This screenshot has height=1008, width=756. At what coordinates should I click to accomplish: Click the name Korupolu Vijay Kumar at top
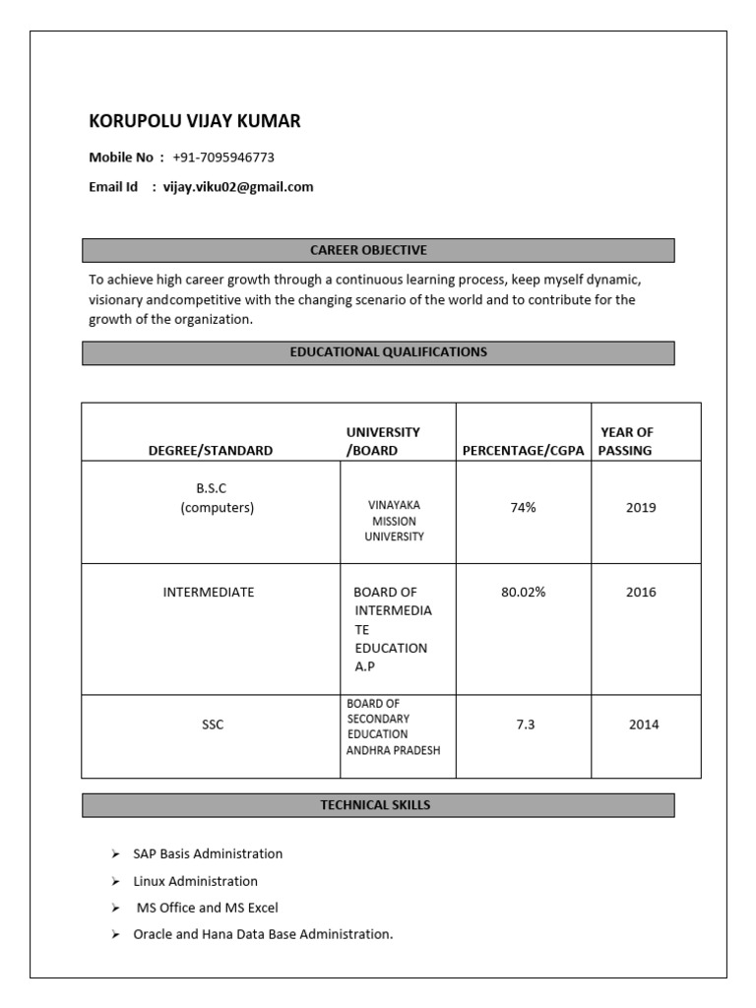tap(195, 122)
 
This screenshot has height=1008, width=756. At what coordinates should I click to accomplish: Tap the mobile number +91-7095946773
tap(223, 157)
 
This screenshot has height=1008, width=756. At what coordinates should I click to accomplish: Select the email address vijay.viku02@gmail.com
tap(238, 187)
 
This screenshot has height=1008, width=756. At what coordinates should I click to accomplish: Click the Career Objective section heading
tap(378, 250)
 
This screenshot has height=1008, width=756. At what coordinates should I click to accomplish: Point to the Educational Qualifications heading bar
tap(378, 352)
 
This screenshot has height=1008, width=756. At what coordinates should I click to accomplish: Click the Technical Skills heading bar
tap(378, 805)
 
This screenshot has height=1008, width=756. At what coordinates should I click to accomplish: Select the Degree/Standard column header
tap(211, 451)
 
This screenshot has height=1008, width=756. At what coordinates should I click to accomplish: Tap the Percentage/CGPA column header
tap(523, 451)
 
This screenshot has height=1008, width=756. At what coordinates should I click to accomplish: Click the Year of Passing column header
tap(627, 441)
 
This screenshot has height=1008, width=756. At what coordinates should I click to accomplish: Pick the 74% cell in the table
tap(523, 508)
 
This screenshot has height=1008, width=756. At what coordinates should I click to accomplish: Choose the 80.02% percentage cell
tap(523, 593)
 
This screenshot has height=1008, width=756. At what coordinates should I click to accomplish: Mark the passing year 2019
tap(641, 508)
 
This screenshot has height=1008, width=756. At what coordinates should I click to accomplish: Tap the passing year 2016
tap(641, 593)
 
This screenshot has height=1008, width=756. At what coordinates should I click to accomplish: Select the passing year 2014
tap(644, 724)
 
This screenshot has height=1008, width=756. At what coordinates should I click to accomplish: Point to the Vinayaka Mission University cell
tap(394, 521)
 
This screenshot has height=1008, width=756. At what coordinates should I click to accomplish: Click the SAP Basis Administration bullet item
tap(208, 854)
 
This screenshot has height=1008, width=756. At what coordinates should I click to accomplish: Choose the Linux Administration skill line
tap(195, 881)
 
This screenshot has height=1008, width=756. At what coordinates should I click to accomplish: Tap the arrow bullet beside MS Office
tap(115, 908)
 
